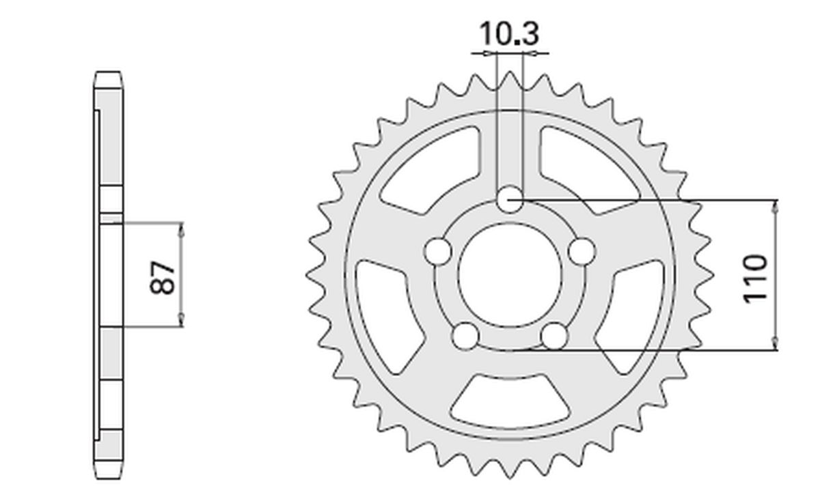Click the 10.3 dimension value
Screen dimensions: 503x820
pos(509,33)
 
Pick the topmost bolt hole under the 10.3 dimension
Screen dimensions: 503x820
pos(509,200)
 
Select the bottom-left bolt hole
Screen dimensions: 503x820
pos(465,335)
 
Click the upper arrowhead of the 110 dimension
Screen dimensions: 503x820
pos(776,207)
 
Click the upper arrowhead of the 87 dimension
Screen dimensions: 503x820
pos(182,229)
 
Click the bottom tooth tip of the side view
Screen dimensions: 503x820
pos(110,475)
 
